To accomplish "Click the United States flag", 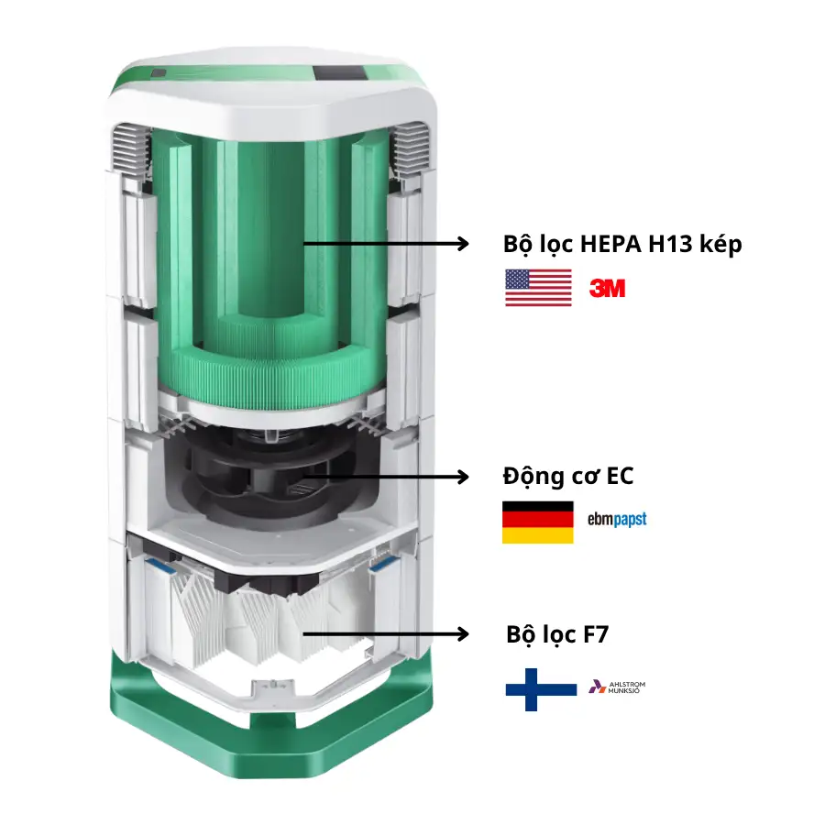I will [538, 288].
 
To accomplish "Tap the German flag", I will [537, 522].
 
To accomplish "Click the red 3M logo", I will [607, 289].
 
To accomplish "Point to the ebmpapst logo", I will [617, 519].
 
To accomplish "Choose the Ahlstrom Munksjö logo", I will [617, 687].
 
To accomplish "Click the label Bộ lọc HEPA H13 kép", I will [622, 245].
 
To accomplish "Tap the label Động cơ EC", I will [567, 477].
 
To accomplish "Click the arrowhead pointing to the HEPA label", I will [461, 244].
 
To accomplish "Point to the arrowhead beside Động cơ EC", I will [461, 477].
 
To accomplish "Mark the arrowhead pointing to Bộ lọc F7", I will [461, 634].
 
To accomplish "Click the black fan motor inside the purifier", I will [275, 477].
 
